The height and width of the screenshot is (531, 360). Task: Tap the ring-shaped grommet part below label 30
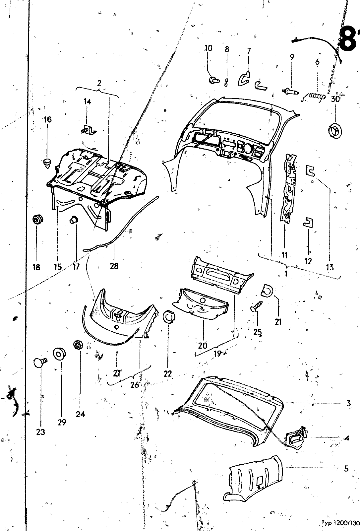(x=334, y=130)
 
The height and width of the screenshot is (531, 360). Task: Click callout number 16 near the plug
(x=48, y=119)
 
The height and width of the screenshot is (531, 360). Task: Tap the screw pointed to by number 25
(x=257, y=305)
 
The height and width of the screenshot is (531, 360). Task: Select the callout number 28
(x=114, y=266)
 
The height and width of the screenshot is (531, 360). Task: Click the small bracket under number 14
(x=89, y=130)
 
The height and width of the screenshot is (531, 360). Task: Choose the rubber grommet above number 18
(x=38, y=220)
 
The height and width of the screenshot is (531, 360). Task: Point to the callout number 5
(x=346, y=469)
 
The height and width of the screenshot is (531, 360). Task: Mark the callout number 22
(x=168, y=373)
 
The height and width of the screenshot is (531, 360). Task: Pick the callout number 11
(x=284, y=255)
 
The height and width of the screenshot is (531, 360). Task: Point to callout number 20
(x=203, y=345)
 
